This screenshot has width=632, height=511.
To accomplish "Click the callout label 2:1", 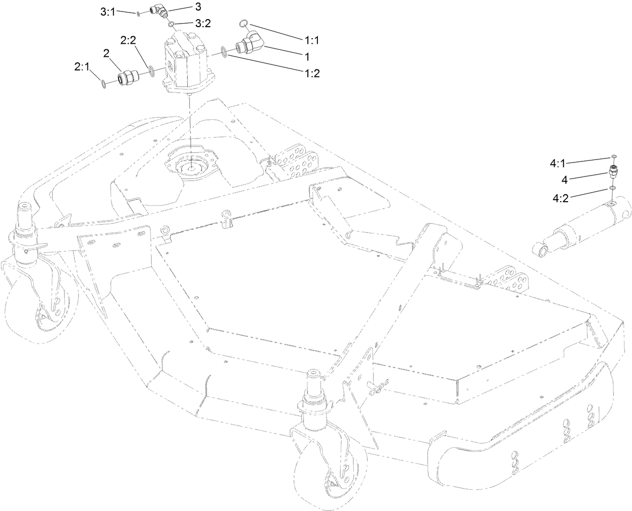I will point(83,66).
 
